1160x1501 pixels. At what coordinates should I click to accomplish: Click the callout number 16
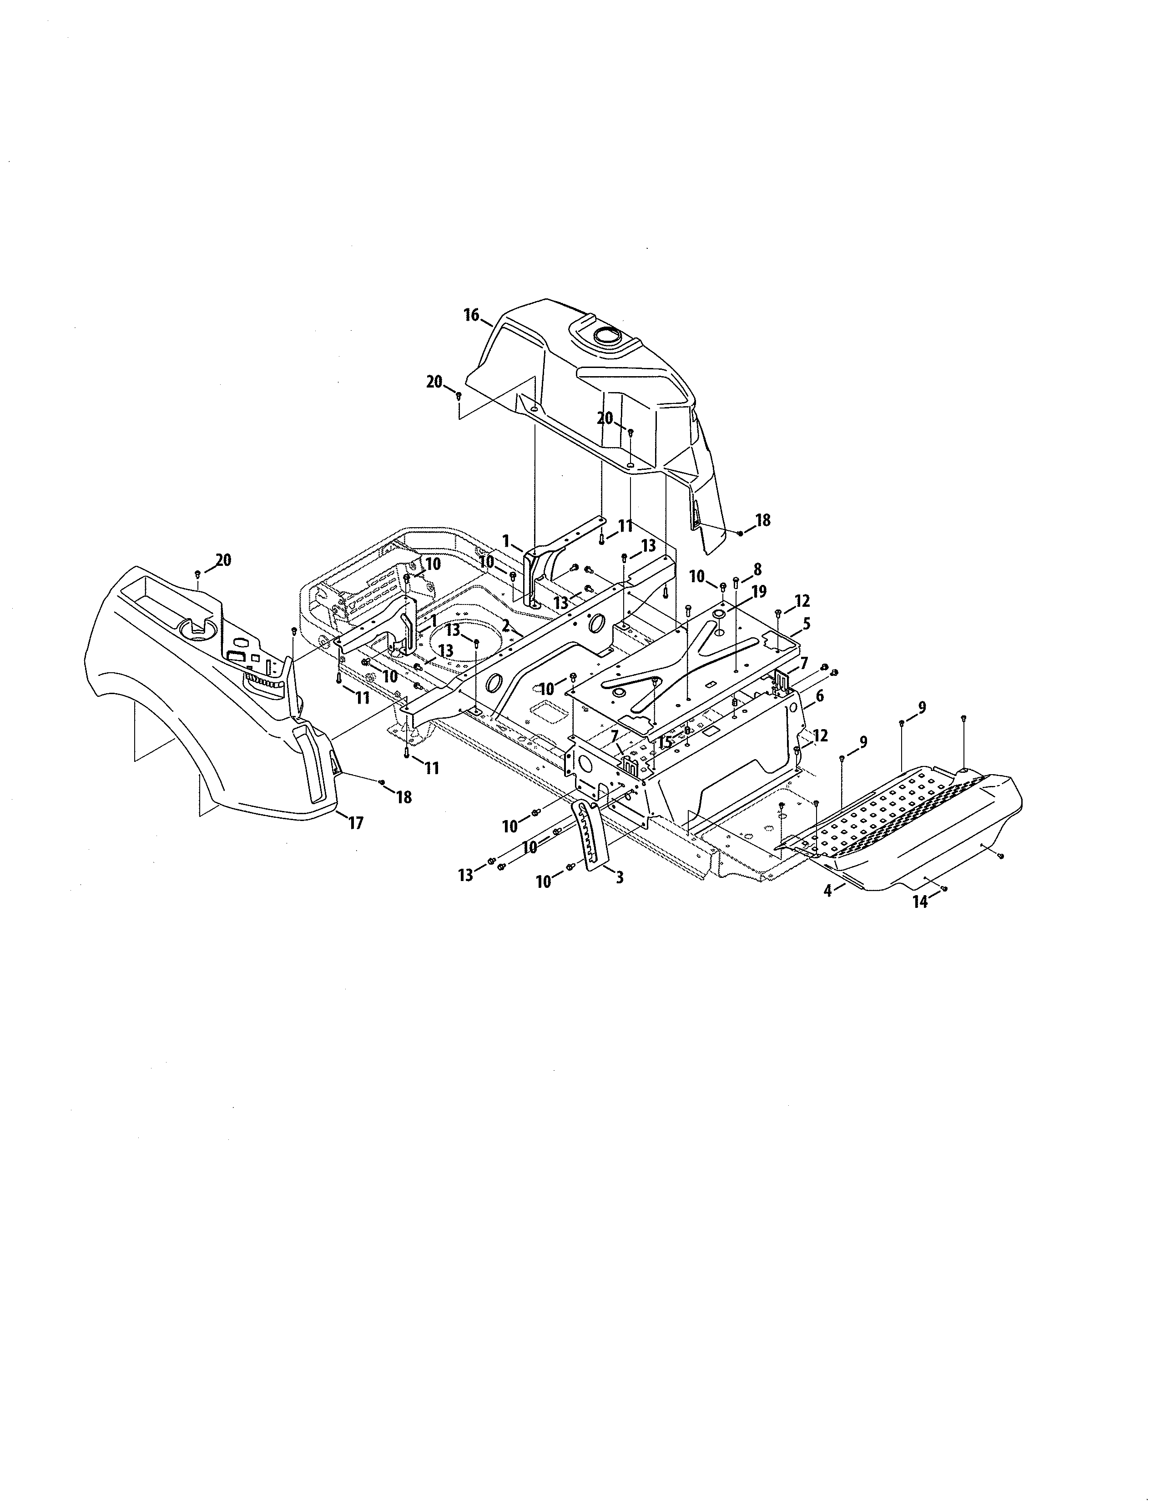tap(471, 316)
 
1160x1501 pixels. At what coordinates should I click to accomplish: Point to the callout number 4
tap(828, 891)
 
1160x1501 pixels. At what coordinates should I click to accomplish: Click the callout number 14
tap(919, 902)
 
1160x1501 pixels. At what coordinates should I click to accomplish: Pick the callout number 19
tap(759, 592)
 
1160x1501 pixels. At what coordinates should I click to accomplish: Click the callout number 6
tap(819, 696)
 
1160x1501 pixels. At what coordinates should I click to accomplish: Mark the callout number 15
tap(664, 742)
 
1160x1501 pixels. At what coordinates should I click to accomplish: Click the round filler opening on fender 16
tap(607, 336)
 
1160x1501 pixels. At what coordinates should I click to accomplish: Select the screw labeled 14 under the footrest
tap(944, 889)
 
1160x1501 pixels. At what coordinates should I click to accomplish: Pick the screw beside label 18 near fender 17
tap(381, 782)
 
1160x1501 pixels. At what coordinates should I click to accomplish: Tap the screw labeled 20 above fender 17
tap(198, 573)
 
